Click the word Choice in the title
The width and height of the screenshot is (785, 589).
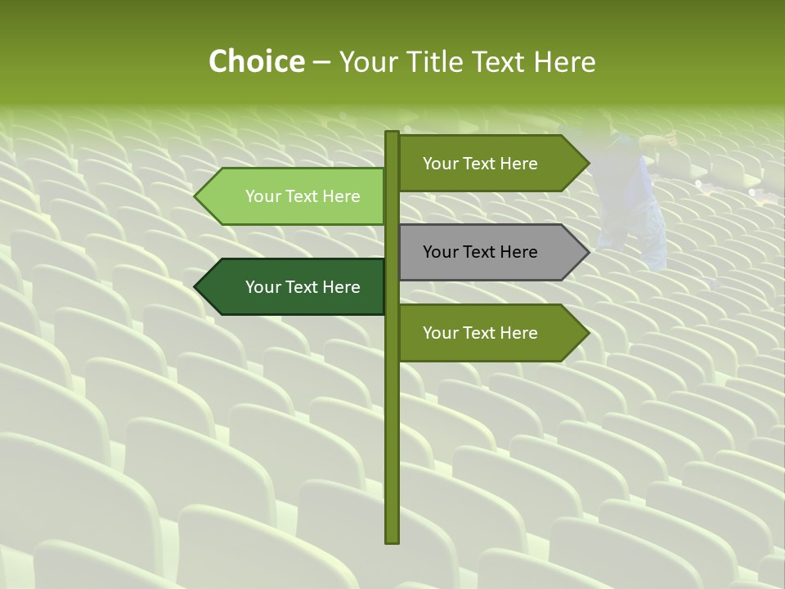point(256,62)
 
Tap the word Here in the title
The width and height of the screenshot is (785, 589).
point(565,62)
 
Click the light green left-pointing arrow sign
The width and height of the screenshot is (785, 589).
point(294,196)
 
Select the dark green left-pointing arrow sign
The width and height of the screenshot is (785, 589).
point(294,287)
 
